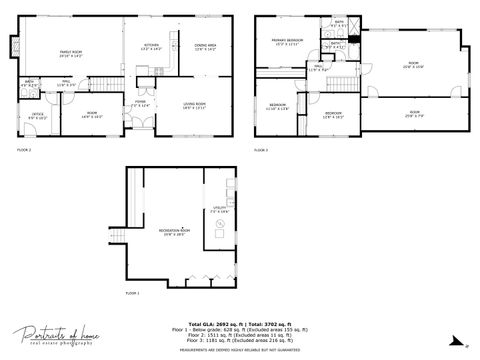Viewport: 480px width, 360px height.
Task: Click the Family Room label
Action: point(69,52)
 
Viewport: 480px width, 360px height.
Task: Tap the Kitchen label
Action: point(152,46)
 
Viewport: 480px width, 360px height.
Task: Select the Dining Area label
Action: point(206,46)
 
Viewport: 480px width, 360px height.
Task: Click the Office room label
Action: point(37,116)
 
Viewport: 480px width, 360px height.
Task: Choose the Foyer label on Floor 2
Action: point(141,102)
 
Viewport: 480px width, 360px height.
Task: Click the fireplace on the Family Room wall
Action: point(15,46)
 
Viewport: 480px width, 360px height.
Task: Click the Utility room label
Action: point(219,209)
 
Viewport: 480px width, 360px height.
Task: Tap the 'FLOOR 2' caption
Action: point(24,149)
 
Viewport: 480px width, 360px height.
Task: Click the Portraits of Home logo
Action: point(54,333)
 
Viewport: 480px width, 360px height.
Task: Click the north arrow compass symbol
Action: point(467,345)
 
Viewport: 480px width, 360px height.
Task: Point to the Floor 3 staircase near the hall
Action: point(344,84)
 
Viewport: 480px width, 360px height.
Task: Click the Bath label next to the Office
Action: point(30,83)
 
